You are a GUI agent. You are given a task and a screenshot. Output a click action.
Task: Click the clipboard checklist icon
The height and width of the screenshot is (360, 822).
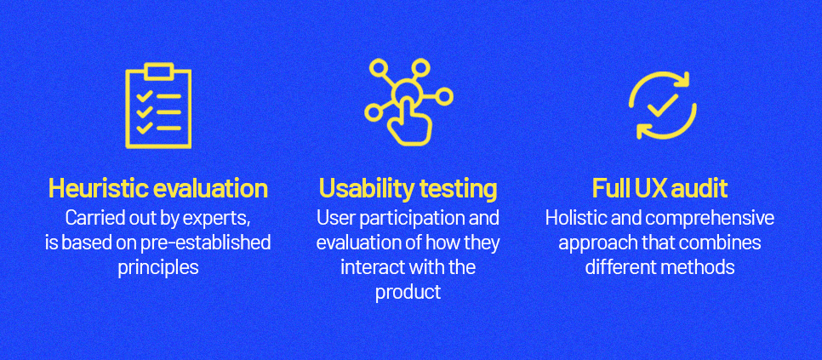(x=157, y=106)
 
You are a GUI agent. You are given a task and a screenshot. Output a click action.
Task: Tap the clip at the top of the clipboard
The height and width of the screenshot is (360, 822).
(x=158, y=71)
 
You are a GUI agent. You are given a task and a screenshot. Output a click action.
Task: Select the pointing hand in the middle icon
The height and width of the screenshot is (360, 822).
(x=408, y=122)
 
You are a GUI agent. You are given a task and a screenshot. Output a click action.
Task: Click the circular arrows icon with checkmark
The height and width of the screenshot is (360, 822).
(x=663, y=106)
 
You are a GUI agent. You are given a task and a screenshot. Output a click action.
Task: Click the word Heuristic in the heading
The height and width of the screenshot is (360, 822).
(x=94, y=189)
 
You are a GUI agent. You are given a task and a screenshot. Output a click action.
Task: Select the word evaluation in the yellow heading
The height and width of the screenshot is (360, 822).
(x=207, y=189)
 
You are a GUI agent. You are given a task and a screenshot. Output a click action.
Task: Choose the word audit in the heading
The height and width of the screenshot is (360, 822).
(x=704, y=189)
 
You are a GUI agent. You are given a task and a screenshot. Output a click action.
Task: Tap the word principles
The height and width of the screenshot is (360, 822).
(x=158, y=268)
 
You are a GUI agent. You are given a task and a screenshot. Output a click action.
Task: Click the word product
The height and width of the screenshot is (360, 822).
(x=408, y=293)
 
